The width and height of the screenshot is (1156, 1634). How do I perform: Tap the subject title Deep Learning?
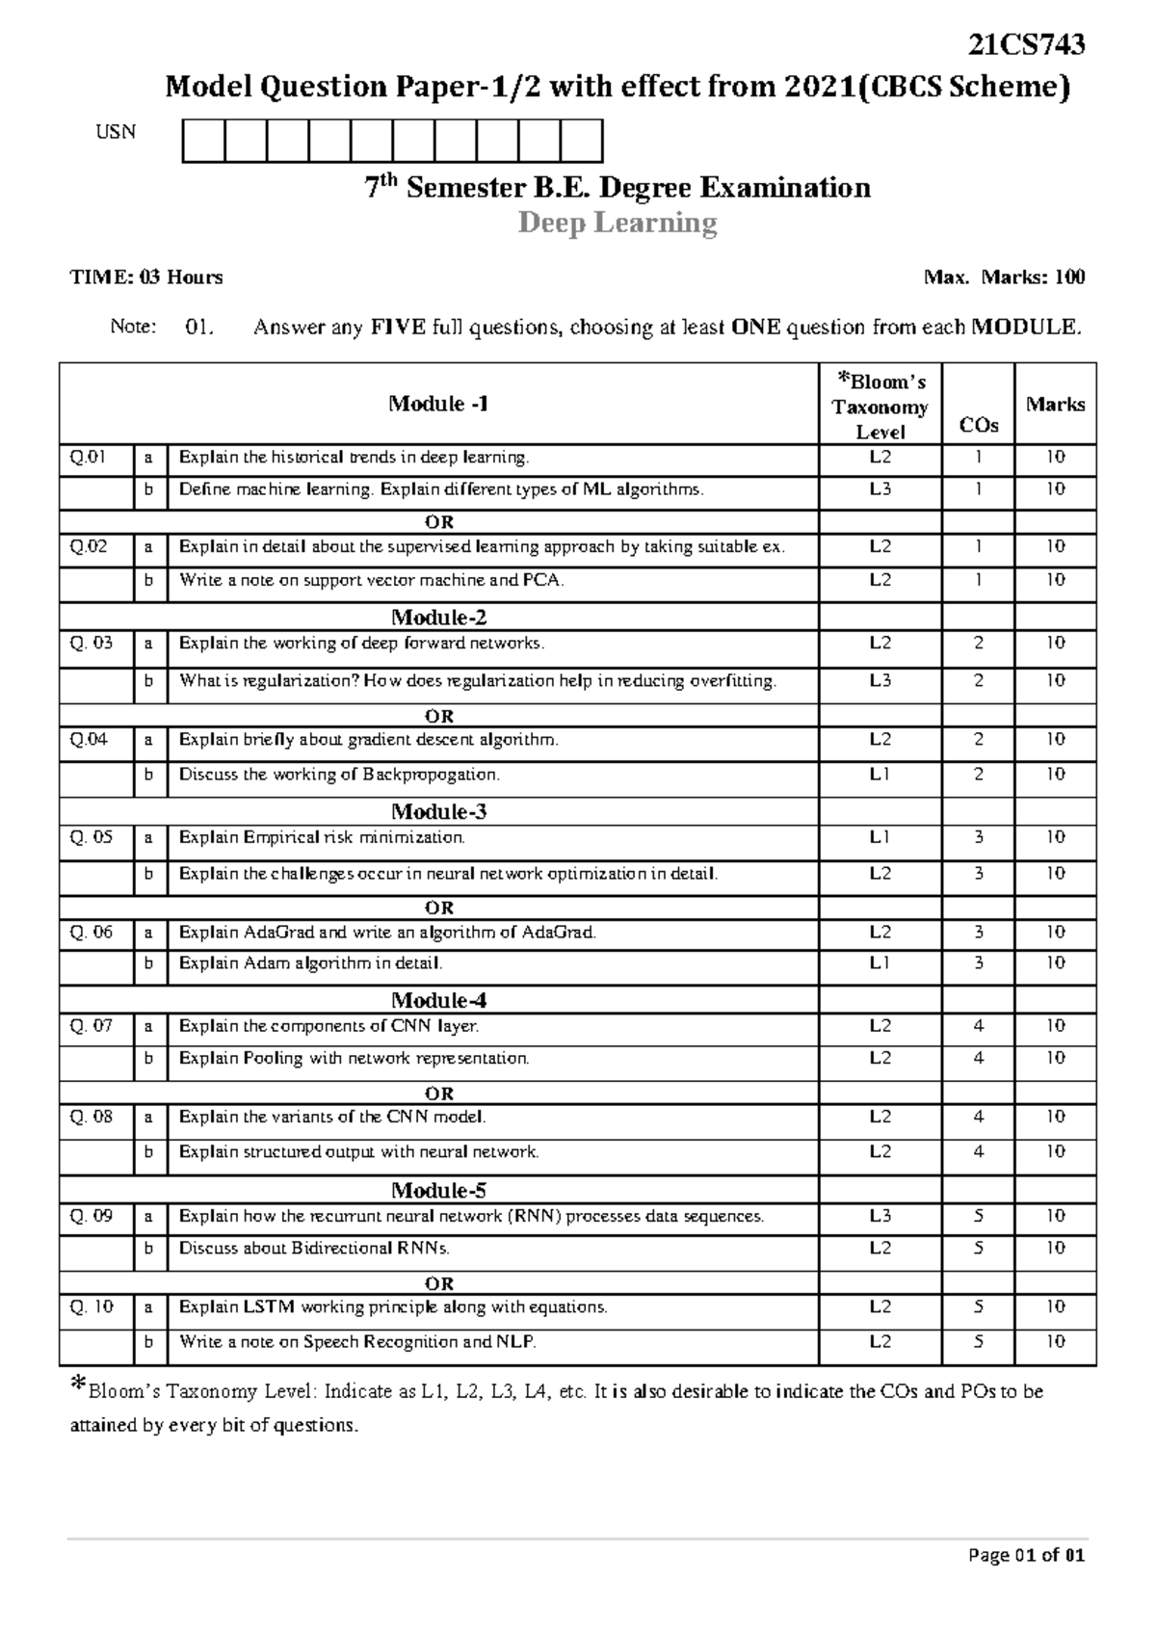tap(617, 224)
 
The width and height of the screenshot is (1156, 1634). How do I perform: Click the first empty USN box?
tap(203, 141)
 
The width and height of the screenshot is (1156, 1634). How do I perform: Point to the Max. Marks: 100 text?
tap(1004, 277)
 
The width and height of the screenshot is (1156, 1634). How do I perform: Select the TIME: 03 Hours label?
tap(146, 277)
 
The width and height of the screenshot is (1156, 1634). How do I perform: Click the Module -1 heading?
tap(438, 404)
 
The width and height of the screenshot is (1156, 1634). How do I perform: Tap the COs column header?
tap(978, 425)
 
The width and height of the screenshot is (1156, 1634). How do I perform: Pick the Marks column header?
tap(1055, 404)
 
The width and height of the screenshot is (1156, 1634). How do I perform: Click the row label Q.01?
tap(88, 457)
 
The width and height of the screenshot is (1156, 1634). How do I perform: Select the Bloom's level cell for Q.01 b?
tap(880, 489)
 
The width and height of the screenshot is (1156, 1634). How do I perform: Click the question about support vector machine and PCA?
tap(372, 580)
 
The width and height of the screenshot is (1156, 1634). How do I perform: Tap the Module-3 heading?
tap(438, 811)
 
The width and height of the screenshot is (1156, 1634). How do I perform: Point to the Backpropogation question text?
tap(339, 775)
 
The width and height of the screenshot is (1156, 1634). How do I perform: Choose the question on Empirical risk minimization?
tap(322, 837)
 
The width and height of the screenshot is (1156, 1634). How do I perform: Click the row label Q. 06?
tap(92, 932)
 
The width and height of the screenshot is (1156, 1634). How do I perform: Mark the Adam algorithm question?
tap(310, 962)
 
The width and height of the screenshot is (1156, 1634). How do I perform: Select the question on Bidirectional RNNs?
tap(314, 1248)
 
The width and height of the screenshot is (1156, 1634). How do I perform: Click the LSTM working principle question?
tap(393, 1307)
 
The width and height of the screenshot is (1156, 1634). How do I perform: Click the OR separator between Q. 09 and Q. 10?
tap(439, 1283)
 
